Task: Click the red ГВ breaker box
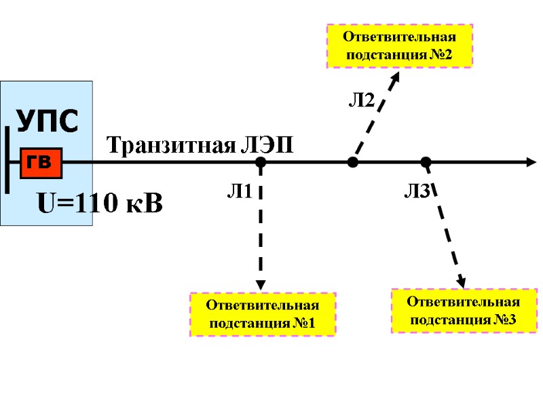[x=41, y=163]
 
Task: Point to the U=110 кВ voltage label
[x=99, y=202]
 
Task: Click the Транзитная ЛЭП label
[x=200, y=145]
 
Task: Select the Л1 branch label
[x=239, y=193]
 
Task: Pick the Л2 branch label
[x=362, y=102]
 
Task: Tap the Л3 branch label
[x=417, y=193]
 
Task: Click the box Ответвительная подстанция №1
[x=262, y=315]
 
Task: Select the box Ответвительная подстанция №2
[x=400, y=45]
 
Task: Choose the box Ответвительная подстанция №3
[x=464, y=311]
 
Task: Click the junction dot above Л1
[x=261, y=163]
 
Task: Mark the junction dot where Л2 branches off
[x=352, y=163]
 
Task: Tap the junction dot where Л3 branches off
[x=426, y=163]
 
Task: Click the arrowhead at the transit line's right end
[x=531, y=163]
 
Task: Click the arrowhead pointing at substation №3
[x=461, y=281]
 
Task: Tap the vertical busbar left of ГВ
[x=7, y=160]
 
